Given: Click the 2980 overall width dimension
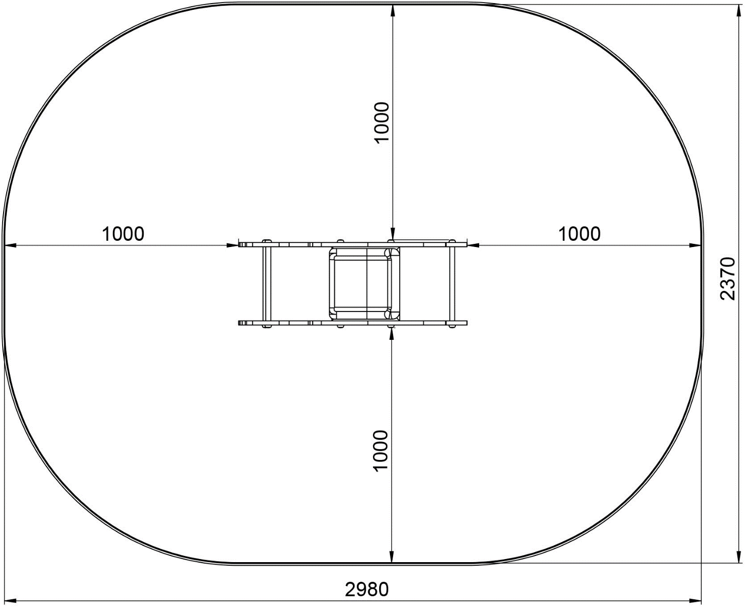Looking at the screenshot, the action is (x=366, y=589).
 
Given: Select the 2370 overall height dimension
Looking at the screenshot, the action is (x=728, y=278).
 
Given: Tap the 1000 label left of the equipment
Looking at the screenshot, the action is (x=123, y=234).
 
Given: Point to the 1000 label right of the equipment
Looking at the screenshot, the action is (x=579, y=234).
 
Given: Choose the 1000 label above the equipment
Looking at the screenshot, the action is (x=381, y=122).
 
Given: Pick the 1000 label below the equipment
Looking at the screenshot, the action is (x=381, y=451).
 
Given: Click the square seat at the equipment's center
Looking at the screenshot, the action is (x=364, y=284).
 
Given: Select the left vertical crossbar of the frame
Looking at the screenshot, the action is (x=267, y=284).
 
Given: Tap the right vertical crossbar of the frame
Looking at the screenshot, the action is (x=452, y=284).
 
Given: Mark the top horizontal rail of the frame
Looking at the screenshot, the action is (x=352, y=243).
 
